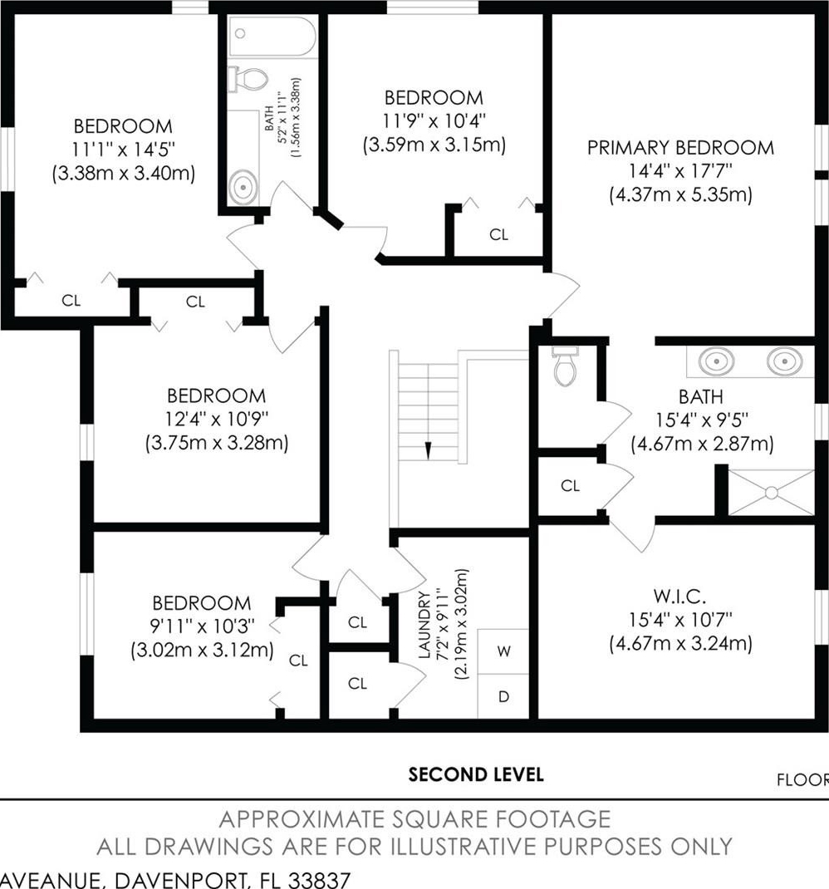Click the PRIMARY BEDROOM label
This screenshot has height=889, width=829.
[680, 148]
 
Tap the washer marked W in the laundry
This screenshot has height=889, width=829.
[503, 651]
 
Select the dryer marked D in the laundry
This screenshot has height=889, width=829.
[503, 697]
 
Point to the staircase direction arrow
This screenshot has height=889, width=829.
[428, 451]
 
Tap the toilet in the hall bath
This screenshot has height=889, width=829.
[248, 79]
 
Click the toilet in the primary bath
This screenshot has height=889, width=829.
[566, 366]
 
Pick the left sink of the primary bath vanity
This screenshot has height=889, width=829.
[716, 361]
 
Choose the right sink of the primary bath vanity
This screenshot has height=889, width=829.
[785, 361]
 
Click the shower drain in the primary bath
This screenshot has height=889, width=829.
[771, 494]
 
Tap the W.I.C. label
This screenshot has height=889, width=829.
[679, 597]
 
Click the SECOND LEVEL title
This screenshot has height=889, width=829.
[476, 774]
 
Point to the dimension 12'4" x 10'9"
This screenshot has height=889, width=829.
[217, 419]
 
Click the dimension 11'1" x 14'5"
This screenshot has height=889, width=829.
[123, 149]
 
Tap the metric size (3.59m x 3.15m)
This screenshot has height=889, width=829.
[434, 145]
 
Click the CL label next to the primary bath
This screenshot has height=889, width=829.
[570, 486]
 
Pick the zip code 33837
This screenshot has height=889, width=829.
[319, 880]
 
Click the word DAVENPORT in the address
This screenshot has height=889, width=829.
[180, 881]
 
